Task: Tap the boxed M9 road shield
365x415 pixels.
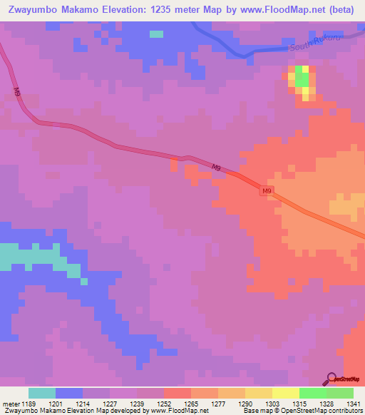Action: point(267,191)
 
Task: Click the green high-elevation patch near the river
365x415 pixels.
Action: point(302,80)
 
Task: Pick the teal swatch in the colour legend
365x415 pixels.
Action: point(41,393)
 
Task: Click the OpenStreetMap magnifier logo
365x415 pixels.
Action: point(331,379)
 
